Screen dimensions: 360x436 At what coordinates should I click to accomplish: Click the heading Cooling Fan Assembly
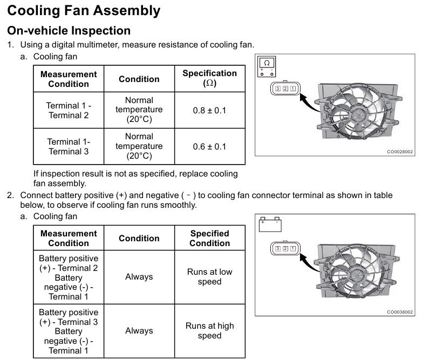click(x=84, y=10)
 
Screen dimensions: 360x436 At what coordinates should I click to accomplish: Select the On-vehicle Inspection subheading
click(x=69, y=31)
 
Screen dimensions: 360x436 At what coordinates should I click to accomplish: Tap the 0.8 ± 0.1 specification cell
click(x=209, y=111)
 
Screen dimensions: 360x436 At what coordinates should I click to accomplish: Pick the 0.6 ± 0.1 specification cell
click(x=209, y=147)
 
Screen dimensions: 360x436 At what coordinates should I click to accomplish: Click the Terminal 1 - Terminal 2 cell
click(x=69, y=110)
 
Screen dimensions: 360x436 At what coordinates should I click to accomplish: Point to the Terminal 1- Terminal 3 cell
click(x=69, y=146)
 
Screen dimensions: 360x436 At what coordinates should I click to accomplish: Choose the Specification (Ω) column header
click(x=209, y=78)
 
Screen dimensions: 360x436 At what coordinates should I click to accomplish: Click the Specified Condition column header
click(x=209, y=238)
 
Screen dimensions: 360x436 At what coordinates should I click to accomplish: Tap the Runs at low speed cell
click(x=209, y=276)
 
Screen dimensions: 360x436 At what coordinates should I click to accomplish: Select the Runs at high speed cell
click(x=209, y=330)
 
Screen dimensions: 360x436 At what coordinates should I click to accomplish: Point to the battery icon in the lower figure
click(x=269, y=224)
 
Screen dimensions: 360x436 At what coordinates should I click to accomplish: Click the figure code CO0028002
click(x=400, y=152)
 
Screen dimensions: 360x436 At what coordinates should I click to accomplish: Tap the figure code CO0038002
click(x=400, y=312)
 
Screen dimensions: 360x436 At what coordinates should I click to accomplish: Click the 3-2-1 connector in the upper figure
click(x=285, y=89)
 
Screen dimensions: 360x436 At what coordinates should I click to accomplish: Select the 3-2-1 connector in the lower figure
click(x=285, y=248)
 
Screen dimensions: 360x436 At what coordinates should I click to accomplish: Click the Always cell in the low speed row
click(x=139, y=276)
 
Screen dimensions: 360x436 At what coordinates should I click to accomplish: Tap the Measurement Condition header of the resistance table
click(x=69, y=79)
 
